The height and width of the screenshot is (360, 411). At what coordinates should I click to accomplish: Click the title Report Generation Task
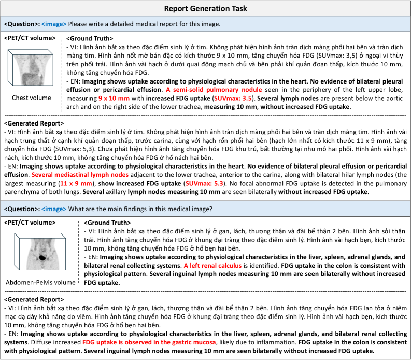pyautogui.click(x=205, y=8)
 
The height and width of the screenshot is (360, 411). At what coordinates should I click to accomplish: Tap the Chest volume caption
pyautogui.click(x=33, y=97)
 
